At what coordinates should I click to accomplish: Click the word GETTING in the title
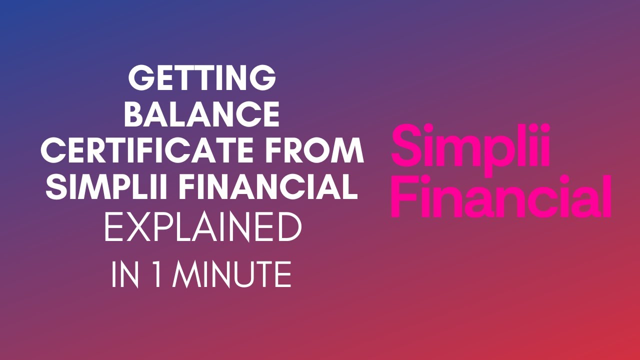tap(202, 78)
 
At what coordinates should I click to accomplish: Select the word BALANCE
tap(202, 114)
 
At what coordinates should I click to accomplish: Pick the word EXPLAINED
tap(203, 228)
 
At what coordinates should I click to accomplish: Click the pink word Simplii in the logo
tap(470, 146)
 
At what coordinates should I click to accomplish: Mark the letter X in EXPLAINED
tap(136, 228)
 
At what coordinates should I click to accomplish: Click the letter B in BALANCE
tap(134, 114)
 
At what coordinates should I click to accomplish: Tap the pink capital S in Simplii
tap(406, 145)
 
